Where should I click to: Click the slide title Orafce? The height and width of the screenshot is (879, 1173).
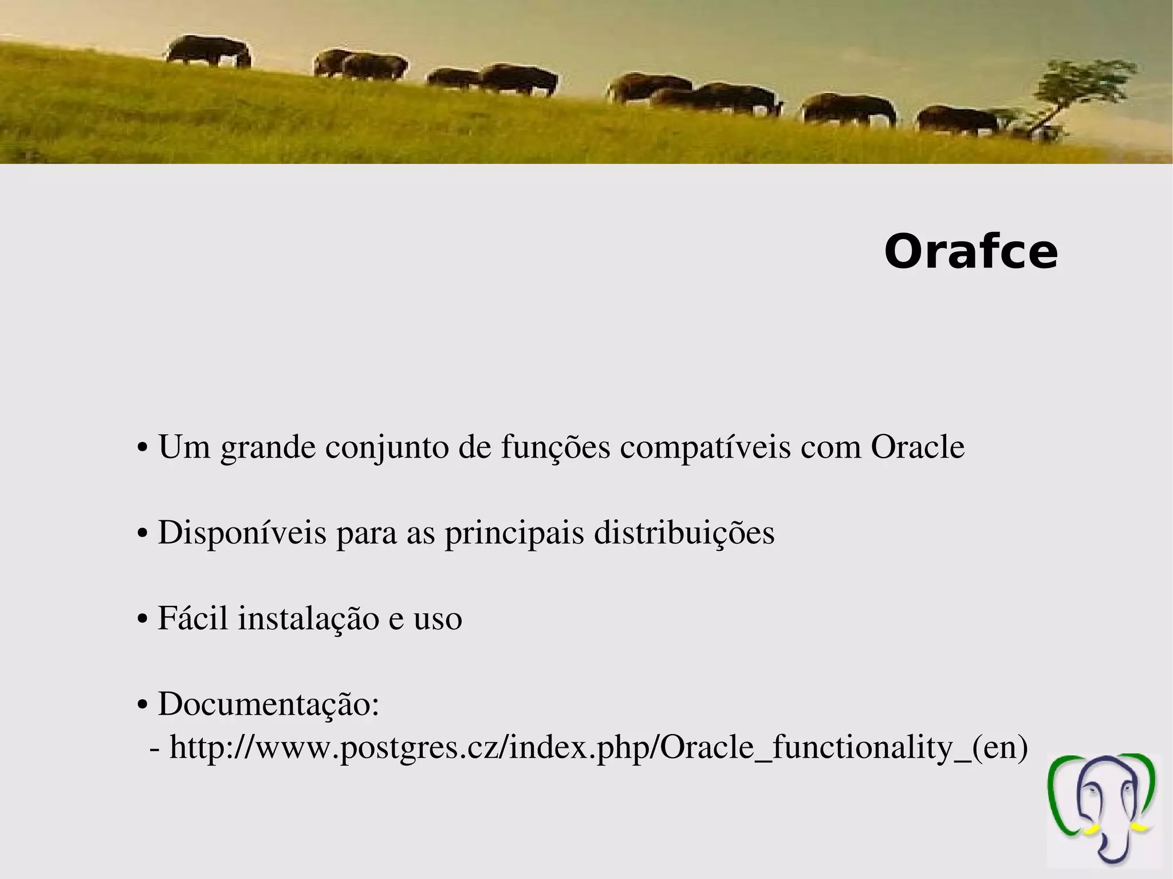click(971, 253)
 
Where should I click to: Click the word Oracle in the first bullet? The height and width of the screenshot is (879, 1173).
click(918, 447)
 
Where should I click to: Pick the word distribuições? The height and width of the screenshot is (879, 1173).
click(684, 533)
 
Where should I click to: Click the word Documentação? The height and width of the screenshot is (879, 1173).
click(269, 704)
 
